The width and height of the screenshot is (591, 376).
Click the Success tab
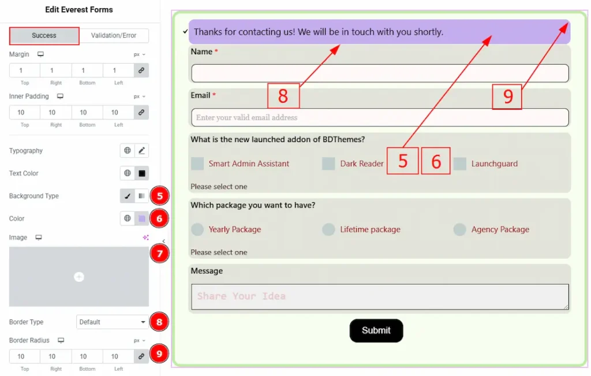(44, 35)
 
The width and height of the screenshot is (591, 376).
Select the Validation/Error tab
(114, 35)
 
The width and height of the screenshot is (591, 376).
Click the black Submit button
(376, 330)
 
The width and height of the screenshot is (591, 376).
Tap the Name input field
(380, 73)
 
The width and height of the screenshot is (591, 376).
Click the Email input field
(380, 117)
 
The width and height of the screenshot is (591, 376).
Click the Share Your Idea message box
(380, 297)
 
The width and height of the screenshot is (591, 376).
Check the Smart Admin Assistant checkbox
(197, 163)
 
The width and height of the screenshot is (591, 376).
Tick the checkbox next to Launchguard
(460, 163)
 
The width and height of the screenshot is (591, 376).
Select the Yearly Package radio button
(197, 229)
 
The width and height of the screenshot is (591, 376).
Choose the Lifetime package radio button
(328, 229)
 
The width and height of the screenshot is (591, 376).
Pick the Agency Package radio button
(459, 229)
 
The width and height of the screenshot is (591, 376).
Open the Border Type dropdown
(113, 322)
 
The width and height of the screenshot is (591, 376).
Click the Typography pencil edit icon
(142, 151)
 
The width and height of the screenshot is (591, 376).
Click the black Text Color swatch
(142, 173)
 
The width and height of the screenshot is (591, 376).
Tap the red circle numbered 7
(159, 254)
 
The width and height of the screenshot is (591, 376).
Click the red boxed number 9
(507, 96)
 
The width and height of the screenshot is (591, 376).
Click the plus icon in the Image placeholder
(78, 277)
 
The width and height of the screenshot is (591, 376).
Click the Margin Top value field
(24, 70)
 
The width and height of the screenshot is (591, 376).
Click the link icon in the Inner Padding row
(141, 113)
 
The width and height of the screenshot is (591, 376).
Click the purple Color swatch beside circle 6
(142, 218)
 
